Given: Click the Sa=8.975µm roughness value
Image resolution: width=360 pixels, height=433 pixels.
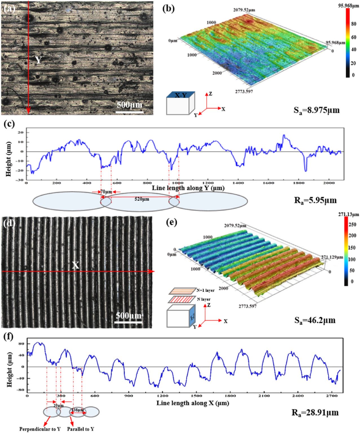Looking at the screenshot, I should [x=317, y=110].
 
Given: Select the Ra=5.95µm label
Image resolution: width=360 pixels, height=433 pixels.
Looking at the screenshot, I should [x=315, y=200].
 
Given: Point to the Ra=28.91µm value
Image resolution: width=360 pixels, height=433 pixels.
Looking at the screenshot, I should [x=315, y=413].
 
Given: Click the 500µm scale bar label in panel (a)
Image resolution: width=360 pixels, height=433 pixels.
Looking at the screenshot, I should [x=130, y=105].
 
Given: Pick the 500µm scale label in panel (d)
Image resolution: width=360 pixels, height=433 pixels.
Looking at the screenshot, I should [x=129, y=315].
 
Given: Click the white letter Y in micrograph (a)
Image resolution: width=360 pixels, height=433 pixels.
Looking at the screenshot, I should [x=38, y=60].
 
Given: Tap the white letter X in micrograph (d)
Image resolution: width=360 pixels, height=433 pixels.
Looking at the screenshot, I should [x=75, y=265].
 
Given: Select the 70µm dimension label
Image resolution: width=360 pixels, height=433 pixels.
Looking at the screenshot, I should [x=106, y=192].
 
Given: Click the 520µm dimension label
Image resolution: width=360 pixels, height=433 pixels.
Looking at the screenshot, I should [x=142, y=199].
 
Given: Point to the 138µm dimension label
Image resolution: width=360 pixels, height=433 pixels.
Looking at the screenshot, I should [x=78, y=410].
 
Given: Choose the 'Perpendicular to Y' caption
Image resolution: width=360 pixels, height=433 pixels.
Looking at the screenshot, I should [x=40, y=429].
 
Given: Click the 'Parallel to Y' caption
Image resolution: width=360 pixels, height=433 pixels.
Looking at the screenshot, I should [x=81, y=429].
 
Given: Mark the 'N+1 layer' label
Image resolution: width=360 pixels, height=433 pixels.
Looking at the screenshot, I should [x=206, y=290].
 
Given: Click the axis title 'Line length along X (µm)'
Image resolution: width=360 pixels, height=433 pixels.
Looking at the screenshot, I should [x=193, y=403].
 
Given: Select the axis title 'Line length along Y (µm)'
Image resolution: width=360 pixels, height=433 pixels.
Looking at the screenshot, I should [x=188, y=188].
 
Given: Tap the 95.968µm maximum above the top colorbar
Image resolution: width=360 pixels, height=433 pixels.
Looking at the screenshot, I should [x=349, y=5].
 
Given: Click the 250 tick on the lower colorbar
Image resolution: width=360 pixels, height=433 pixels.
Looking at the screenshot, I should [x=352, y=224].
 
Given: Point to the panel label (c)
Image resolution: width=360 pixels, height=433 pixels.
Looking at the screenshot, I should [x=9, y=124].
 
